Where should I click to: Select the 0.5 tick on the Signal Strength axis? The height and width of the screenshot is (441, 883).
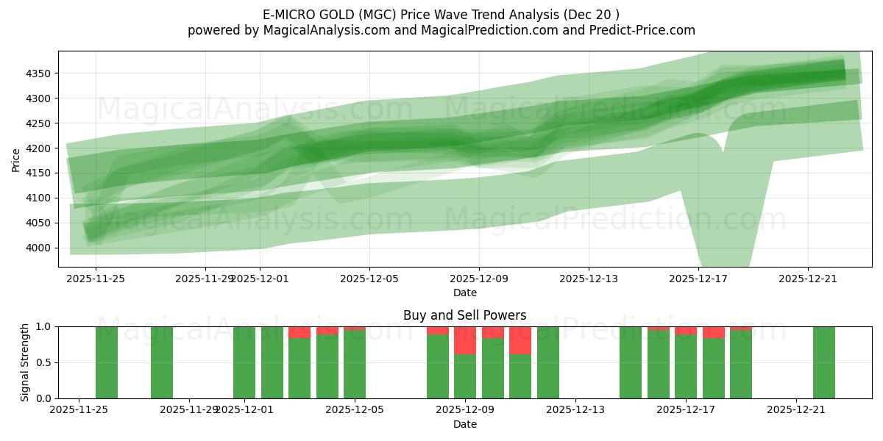tap(45, 362)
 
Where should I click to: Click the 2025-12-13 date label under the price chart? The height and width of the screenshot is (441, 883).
tap(589, 279)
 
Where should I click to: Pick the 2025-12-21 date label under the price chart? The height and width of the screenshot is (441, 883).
tap(808, 279)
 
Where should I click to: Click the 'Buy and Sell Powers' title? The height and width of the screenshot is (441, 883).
tap(464, 315)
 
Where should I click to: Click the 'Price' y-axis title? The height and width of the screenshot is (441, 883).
tap(16, 159)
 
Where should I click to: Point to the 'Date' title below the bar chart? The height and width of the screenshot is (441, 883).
tap(464, 424)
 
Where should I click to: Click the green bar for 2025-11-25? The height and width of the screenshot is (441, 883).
tap(107, 362)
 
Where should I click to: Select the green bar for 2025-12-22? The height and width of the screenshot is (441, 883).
tap(824, 362)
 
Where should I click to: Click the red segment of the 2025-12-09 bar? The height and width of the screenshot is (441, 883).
tap(465, 340)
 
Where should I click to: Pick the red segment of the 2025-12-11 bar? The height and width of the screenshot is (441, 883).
tap(520, 340)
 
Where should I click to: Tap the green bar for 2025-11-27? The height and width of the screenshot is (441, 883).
tap(162, 362)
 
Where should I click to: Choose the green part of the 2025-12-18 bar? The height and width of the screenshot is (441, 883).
tap(714, 369)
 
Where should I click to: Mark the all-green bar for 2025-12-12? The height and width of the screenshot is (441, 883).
tap(548, 362)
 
